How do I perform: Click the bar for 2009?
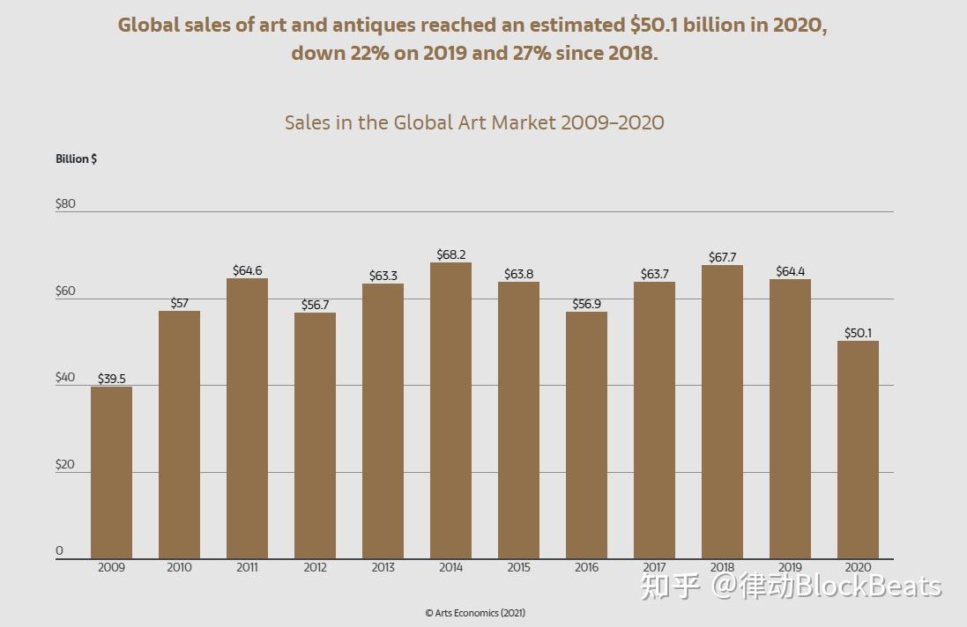(x=111, y=472)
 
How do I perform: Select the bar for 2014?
(x=450, y=410)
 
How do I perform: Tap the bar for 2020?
(x=858, y=449)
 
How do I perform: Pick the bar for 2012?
(x=315, y=435)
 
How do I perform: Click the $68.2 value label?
(x=450, y=254)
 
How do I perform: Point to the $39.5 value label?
(x=111, y=379)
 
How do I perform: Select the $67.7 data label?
(x=722, y=257)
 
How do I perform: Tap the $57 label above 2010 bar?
(x=179, y=303)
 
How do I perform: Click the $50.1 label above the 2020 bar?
(x=858, y=333)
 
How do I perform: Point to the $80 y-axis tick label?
(x=65, y=203)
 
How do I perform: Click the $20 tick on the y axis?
(x=65, y=464)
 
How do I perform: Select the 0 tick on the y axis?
(x=60, y=550)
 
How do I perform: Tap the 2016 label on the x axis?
(x=586, y=567)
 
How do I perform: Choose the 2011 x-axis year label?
(x=247, y=567)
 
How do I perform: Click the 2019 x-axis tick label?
(x=790, y=567)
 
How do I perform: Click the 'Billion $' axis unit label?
(x=77, y=159)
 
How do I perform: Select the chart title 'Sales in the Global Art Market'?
(x=474, y=122)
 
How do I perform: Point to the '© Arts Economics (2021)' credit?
(x=475, y=613)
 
